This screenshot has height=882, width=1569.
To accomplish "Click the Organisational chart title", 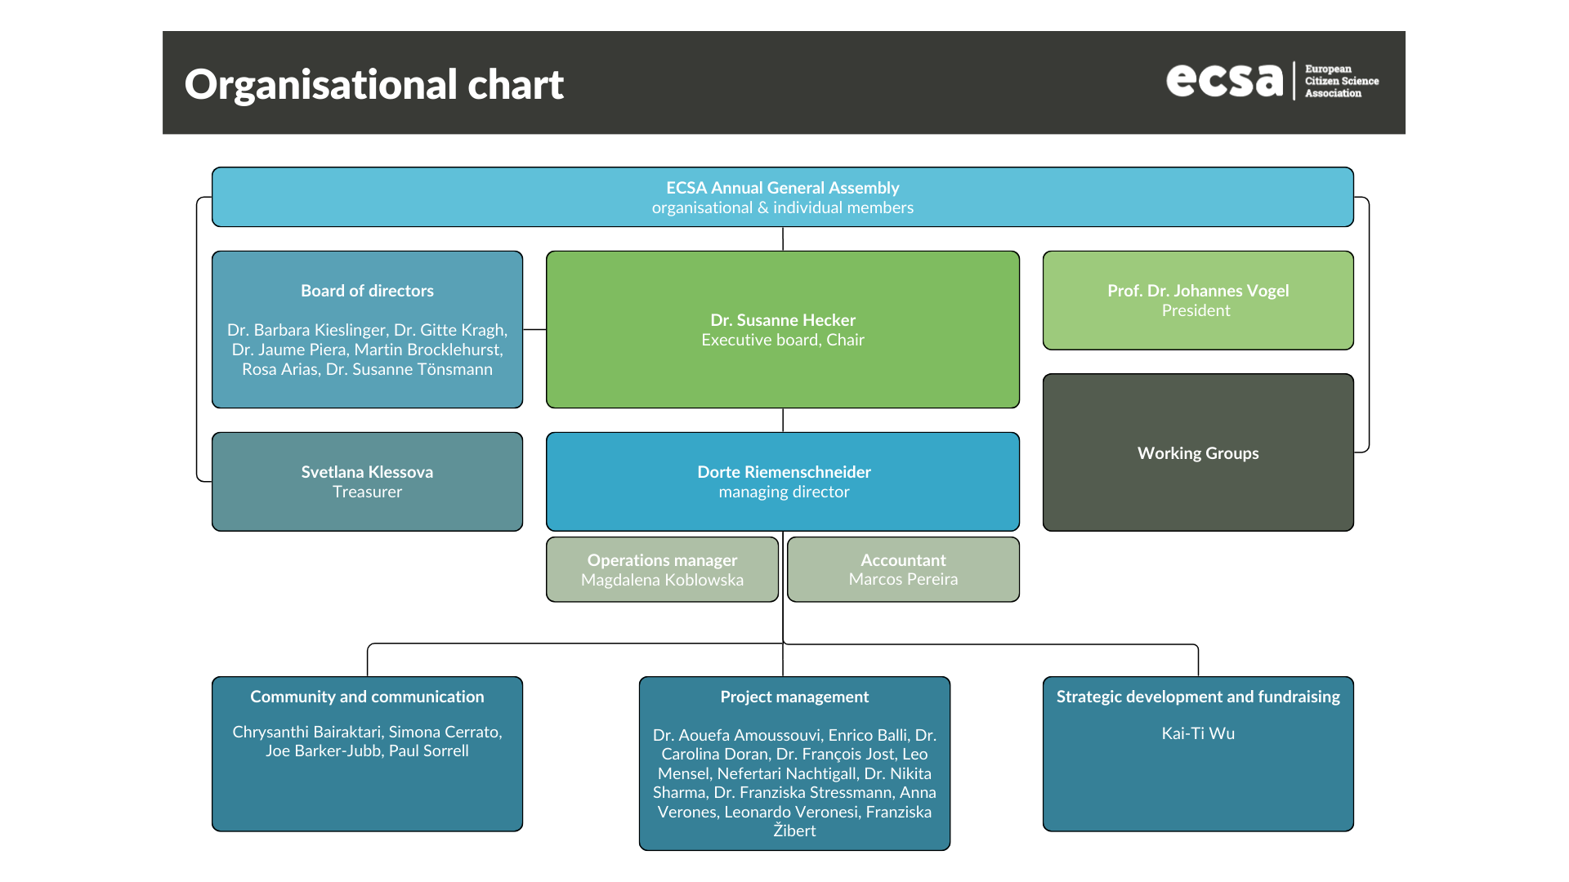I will tap(373, 84).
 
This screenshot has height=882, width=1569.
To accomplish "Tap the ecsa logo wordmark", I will tap(1224, 80).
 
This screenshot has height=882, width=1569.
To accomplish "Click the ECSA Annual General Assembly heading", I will tap(782, 188).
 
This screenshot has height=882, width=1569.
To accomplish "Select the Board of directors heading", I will tap(367, 291).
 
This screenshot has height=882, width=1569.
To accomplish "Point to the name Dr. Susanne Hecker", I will tap(782, 320).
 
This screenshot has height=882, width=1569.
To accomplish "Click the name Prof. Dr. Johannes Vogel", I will tap(1197, 291).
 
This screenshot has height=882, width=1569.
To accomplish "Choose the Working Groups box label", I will tap(1197, 453).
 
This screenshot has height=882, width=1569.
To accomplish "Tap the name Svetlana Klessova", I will tap(367, 472).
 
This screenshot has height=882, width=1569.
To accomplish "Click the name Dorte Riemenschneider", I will tap(784, 472).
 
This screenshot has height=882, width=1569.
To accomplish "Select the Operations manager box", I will tap(662, 569).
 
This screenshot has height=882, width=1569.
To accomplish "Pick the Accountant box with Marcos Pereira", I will tap(903, 569).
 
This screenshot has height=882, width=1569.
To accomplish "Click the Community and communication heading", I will tap(367, 697).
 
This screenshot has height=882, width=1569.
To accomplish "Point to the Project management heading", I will tap(794, 697).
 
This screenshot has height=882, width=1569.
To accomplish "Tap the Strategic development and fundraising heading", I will tap(1197, 697).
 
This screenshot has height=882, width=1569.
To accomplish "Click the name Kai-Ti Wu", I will tap(1197, 733).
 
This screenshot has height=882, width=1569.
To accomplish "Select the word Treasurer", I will tap(367, 492).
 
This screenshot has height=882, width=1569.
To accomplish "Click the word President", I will tap(1196, 310).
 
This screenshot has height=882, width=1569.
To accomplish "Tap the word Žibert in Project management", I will tap(794, 831).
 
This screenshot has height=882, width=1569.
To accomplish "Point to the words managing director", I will tap(784, 492).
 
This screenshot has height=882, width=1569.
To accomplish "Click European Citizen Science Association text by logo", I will tap(1340, 81).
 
